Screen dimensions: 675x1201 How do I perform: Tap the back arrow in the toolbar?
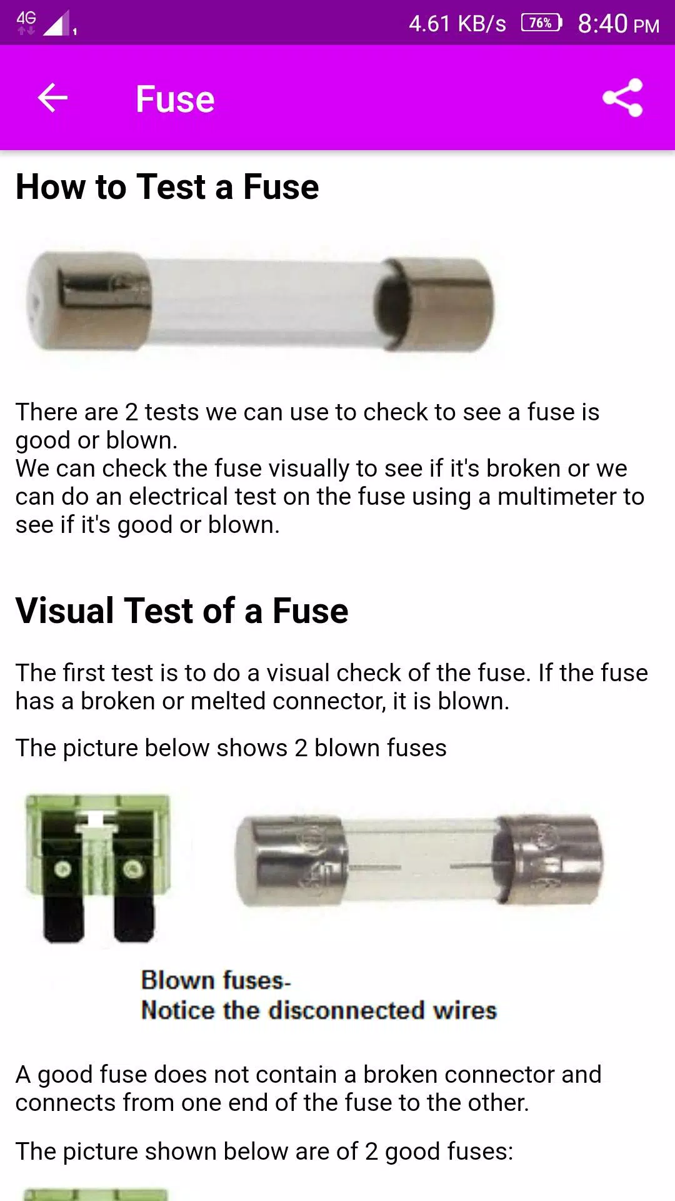pyautogui.click(x=52, y=98)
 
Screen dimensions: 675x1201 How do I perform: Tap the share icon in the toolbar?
pyautogui.click(x=622, y=98)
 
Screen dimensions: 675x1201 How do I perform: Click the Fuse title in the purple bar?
pyautogui.click(x=175, y=99)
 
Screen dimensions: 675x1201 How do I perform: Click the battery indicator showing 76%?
pyautogui.click(x=542, y=23)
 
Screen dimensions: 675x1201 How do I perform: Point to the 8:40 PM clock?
pyautogui.click(x=618, y=24)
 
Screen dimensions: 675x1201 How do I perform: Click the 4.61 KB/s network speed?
pyautogui.click(x=457, y=24)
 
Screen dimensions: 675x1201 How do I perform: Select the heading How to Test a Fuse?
pyautogui.click(x=167, y=186)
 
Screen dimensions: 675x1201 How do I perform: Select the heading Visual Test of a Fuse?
pyautogui.click(x=182, y=611)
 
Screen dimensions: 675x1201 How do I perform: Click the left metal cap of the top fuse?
pyautogui.click(x=89, y=300)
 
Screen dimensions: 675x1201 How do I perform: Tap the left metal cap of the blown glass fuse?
pyautogui.click(x=290, y=861)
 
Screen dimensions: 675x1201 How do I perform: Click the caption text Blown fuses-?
pyautogui.click(x=216, y=980)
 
